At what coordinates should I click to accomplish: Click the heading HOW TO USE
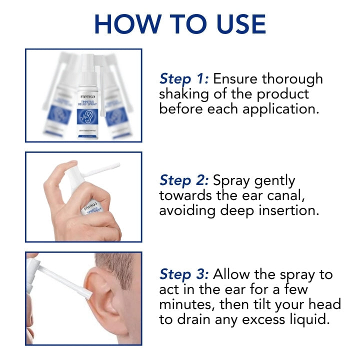point(180,23)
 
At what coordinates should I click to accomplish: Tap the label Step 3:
point(184,274)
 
